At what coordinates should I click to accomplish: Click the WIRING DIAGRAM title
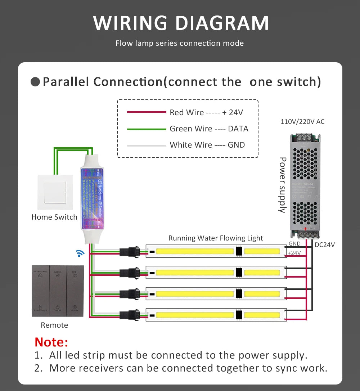[181, 23]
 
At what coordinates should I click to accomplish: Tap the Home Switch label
[54, 217]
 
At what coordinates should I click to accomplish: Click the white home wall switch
[55, 192]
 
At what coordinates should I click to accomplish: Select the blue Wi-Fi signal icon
[80, 253]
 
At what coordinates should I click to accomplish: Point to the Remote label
[54, 325]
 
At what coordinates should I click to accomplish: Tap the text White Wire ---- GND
[207, 145]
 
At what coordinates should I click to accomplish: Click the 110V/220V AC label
[302, 122]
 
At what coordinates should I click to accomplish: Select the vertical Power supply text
[283, 185]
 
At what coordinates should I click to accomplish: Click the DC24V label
[325, 245]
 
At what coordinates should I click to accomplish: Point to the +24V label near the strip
[294, 253]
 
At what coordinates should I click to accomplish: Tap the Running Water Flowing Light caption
[216, 238]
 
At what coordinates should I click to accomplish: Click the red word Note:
[51, 341]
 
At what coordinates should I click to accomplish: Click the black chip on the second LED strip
[238, 273]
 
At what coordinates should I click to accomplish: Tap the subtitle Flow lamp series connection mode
[180, 44]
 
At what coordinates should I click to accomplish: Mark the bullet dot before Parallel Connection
[35, 82]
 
